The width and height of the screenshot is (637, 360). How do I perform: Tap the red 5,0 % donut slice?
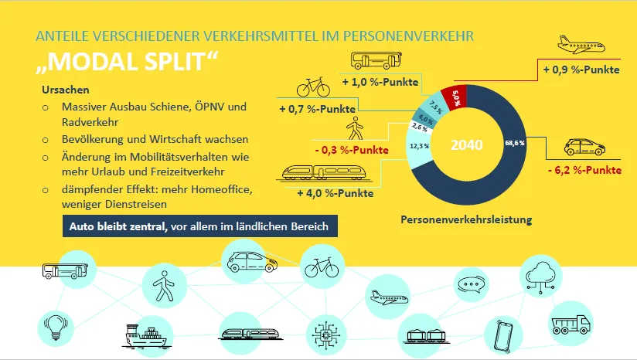coord(457,98)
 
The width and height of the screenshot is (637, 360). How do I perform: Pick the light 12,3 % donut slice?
coord(421,147)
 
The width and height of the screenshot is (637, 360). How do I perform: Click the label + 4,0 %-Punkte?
coord(330,193)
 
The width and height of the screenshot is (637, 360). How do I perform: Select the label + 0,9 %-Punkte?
coord(582,70)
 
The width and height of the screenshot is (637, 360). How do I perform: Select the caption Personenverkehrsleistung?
coord(466,220)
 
